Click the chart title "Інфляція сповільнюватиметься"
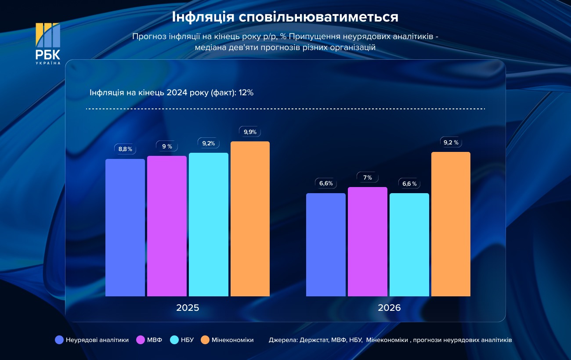click(x=285, y=17)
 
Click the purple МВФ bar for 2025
click(x=167, y=226)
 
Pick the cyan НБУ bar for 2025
click(x=209, y=224)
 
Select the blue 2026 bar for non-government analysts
click(x=326, y=245)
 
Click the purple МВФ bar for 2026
click(x=368, y=241)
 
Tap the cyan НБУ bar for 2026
click(x=409, y=245)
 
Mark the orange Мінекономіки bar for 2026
click(x=451, y=224)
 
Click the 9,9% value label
click(x=250, y=132)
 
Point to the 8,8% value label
click(x=125, y=149)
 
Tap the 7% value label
click(x=368, y=177)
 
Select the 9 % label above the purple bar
click(x=167, y=146)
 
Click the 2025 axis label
click(x=188, y=308)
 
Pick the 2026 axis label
click(x=389, y=308)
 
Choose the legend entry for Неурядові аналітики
click(x=92, y=340)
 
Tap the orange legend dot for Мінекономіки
click(x=205, y=340)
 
